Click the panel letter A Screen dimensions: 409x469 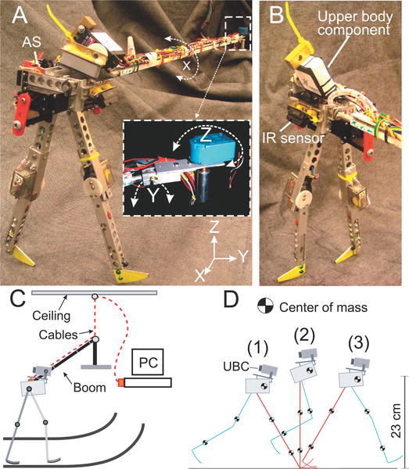20,15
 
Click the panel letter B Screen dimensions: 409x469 277,15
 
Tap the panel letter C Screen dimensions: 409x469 18,299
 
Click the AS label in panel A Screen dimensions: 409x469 31,41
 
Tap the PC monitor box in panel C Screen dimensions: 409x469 149,362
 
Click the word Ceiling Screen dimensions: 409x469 51,316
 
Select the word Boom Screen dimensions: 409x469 89,388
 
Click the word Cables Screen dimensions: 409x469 58,335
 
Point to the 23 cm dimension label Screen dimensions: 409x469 396,421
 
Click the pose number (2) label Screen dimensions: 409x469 304,336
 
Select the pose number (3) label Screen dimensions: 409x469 358,344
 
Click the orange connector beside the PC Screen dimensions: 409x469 120,383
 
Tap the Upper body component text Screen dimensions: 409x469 355,23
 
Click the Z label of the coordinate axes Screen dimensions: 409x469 213,228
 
